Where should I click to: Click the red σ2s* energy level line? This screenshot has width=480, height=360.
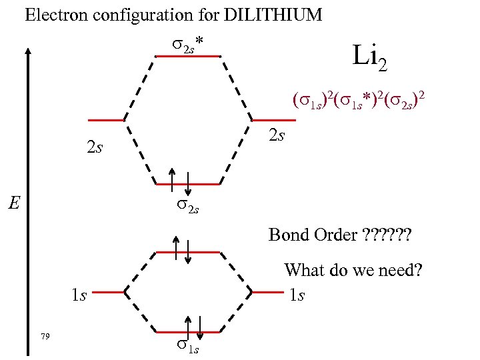(187, 57)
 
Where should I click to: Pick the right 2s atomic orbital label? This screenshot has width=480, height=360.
(275, 135)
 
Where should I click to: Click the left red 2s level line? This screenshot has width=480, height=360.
(106, 121)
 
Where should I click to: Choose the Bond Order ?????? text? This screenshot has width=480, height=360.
(340, 235)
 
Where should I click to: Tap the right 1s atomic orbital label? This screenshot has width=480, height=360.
(297, 294)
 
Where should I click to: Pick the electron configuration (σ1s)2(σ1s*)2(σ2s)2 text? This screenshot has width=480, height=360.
(358, 101)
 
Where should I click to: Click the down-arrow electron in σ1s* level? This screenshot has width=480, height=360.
(189, 251)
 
